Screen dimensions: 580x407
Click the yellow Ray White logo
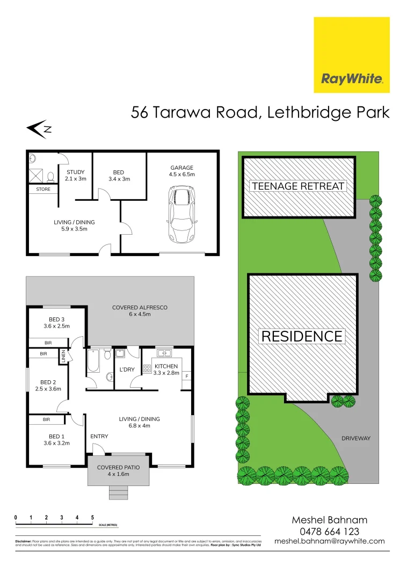click(352, 55)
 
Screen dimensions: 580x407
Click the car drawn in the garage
click(181, 214)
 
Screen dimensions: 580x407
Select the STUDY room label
click(76, 172)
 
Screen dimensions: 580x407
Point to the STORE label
click(43, 189)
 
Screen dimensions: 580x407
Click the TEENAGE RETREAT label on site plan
click(298, 186)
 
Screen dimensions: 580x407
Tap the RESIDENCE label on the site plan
click(301, 336)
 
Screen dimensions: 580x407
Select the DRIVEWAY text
click(356, 439)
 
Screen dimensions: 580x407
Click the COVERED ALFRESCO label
click(140, 308)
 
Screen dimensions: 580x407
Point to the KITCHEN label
click(166, 366)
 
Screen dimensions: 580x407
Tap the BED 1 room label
click(56, 437)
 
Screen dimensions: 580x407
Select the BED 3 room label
click(56, 320)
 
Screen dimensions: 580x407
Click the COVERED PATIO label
click(118, 468)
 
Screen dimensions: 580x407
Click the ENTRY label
click(99, 436)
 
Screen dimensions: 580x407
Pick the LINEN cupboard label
click(63, 356)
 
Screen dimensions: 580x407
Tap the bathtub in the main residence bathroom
click(93, 361)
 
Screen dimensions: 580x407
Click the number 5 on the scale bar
click(92, 517)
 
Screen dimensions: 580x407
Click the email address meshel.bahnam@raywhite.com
click(329, 541)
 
